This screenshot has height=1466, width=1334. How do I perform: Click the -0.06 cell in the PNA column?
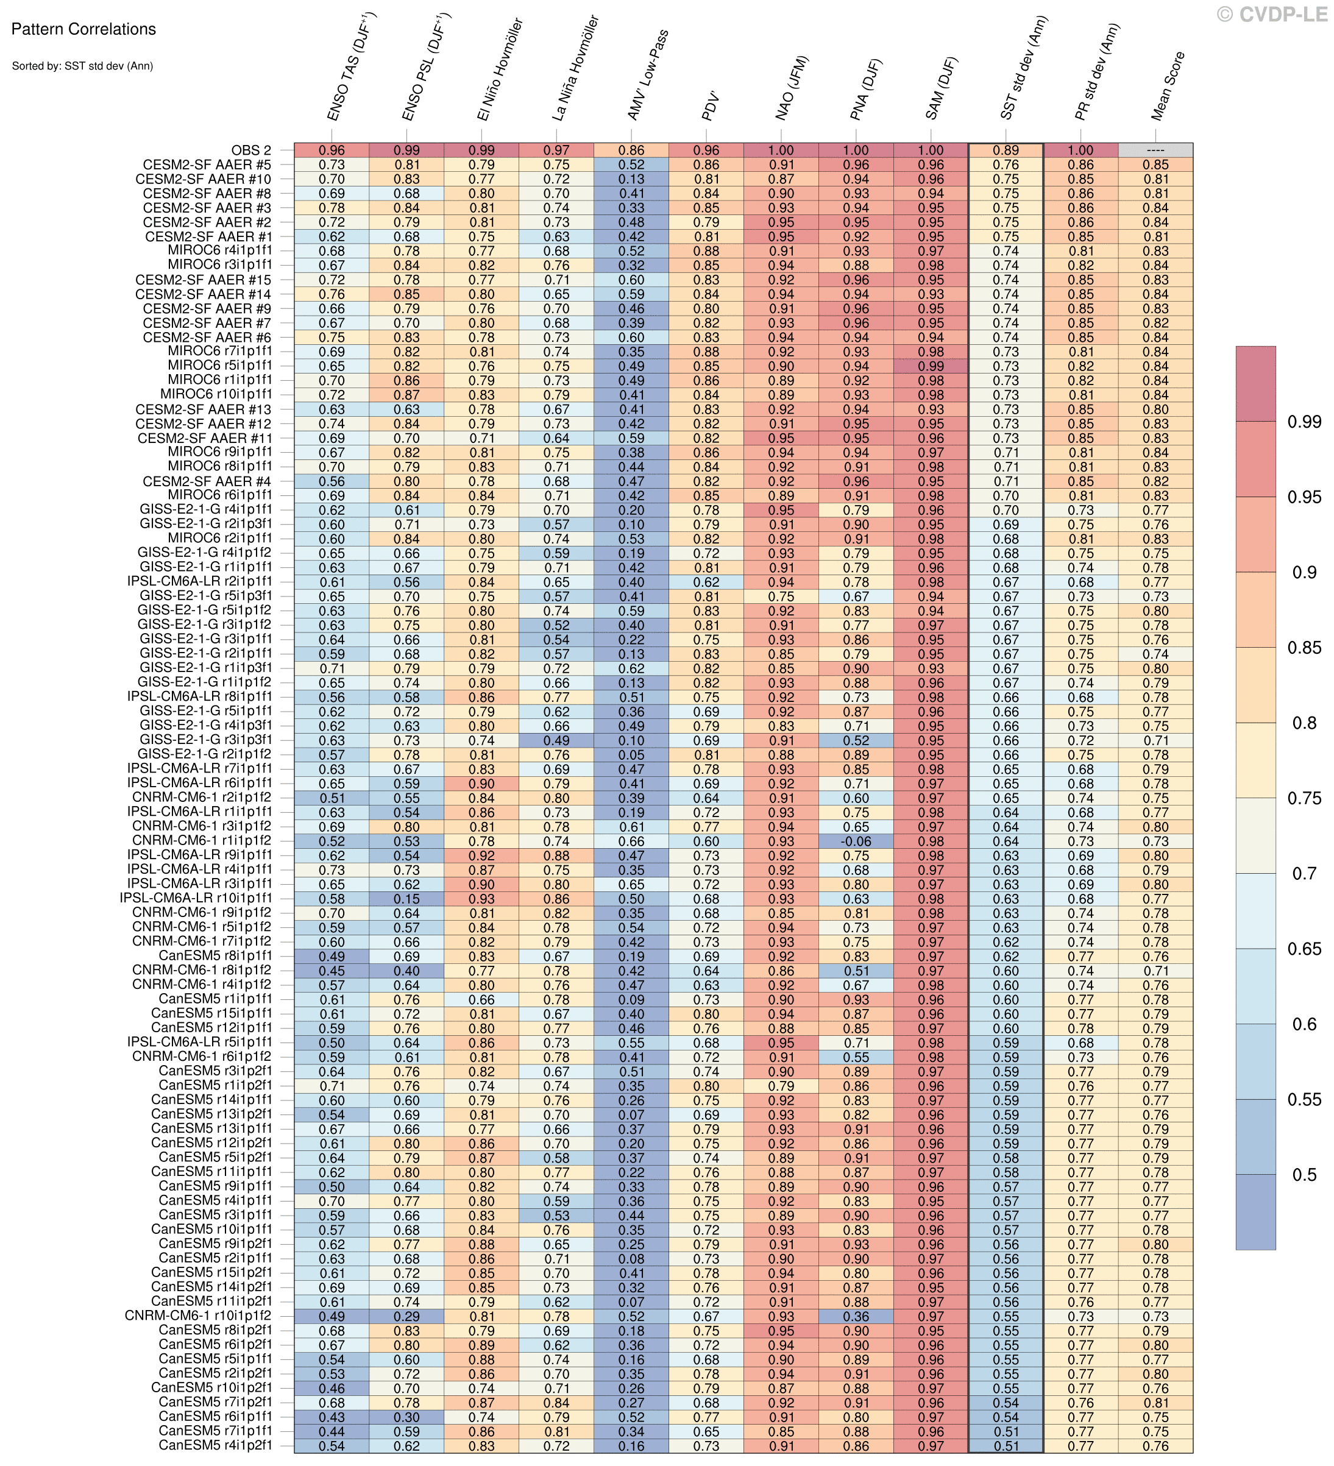(x=856, y=841)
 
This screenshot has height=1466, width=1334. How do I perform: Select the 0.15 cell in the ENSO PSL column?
(x=406, y=898)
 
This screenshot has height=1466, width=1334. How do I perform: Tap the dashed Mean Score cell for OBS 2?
(x=1155, y=150)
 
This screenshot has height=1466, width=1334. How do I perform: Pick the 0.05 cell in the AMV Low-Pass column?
(x=631, y=754)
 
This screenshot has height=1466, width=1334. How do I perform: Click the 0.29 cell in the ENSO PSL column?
(x=406, y=1316)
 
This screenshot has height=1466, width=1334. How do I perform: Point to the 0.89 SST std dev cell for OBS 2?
(x=1006, y=150)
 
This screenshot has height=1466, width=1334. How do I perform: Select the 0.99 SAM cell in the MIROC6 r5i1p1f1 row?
(x=931, y=366)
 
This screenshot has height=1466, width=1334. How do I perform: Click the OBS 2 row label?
(x=251, y=150)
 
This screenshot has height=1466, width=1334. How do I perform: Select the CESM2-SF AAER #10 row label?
(x=204, y=179)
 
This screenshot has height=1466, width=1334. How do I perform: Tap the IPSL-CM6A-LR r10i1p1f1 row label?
(x=196, y=898)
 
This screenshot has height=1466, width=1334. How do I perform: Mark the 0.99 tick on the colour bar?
(x=1303, y=422)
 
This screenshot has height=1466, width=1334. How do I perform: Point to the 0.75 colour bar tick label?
(x=1303, y=798)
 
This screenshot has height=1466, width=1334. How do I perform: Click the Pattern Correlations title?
(x=83, y=29)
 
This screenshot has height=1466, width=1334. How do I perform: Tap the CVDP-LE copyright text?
(x=1272, y=14)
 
